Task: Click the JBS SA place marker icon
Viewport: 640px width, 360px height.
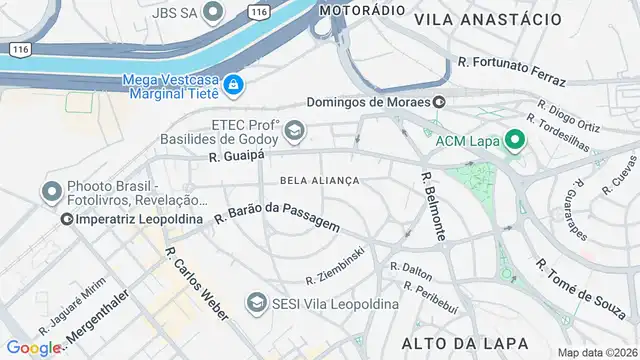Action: pos(211,12)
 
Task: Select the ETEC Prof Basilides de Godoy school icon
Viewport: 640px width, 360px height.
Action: pos(294,130)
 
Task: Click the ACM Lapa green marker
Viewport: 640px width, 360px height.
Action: pos(515,140)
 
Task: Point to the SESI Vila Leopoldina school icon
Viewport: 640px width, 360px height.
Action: pos(256,302)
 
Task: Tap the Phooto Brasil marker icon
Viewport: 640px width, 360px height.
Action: pos(52,191)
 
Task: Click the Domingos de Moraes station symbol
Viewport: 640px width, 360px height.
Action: pos(439,102)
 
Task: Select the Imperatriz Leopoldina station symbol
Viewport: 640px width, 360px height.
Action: pos(67,218)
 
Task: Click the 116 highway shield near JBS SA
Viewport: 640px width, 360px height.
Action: pos(259,12)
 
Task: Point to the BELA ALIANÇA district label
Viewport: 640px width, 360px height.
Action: pos(320,180)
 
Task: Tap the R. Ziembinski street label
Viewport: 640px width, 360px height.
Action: pos(334,263)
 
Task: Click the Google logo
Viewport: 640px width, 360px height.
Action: pos(32,347)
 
